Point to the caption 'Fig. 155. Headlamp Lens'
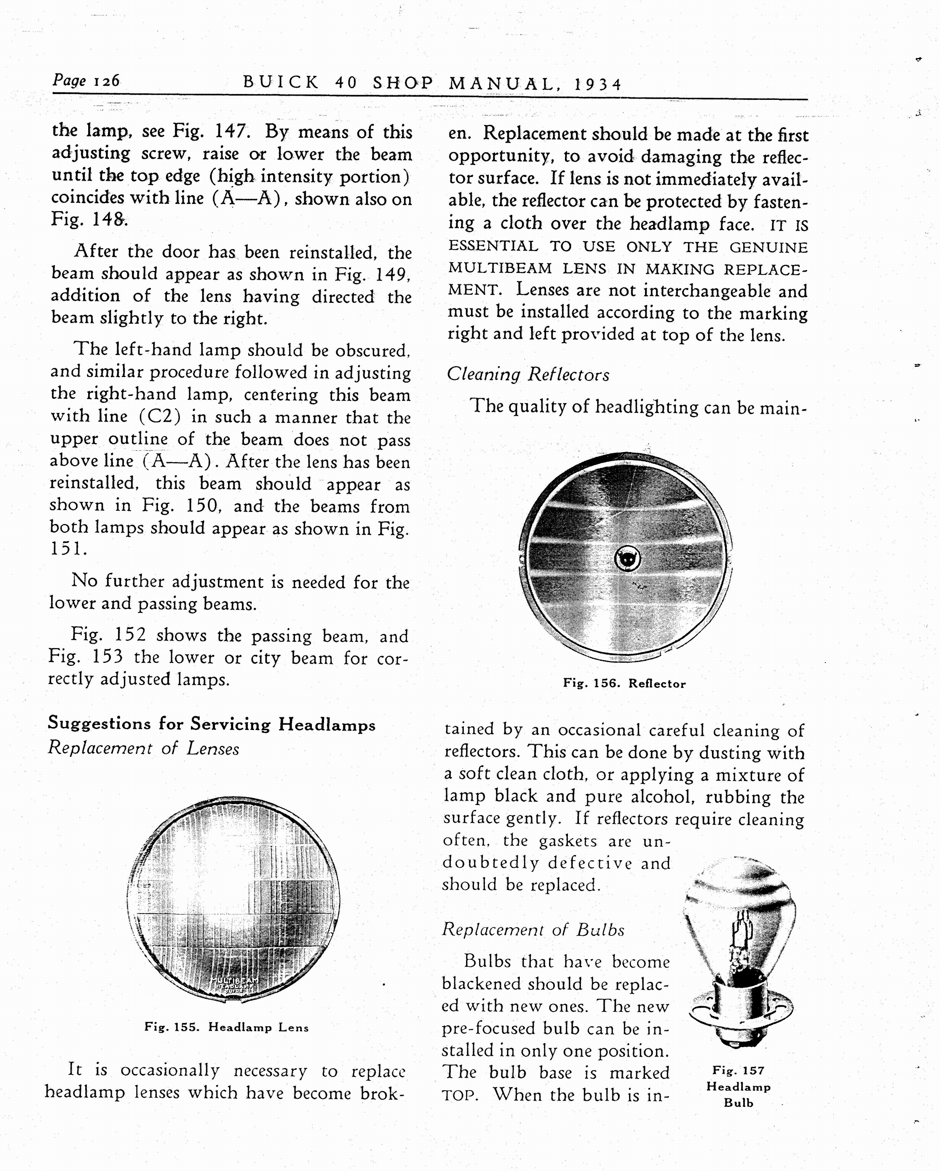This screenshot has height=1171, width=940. click(226, 1027)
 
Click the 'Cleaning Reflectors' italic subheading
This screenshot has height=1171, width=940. click(528, 375)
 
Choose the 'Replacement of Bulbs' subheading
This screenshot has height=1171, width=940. click(533, 930)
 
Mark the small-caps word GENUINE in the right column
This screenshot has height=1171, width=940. click(768, 248)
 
